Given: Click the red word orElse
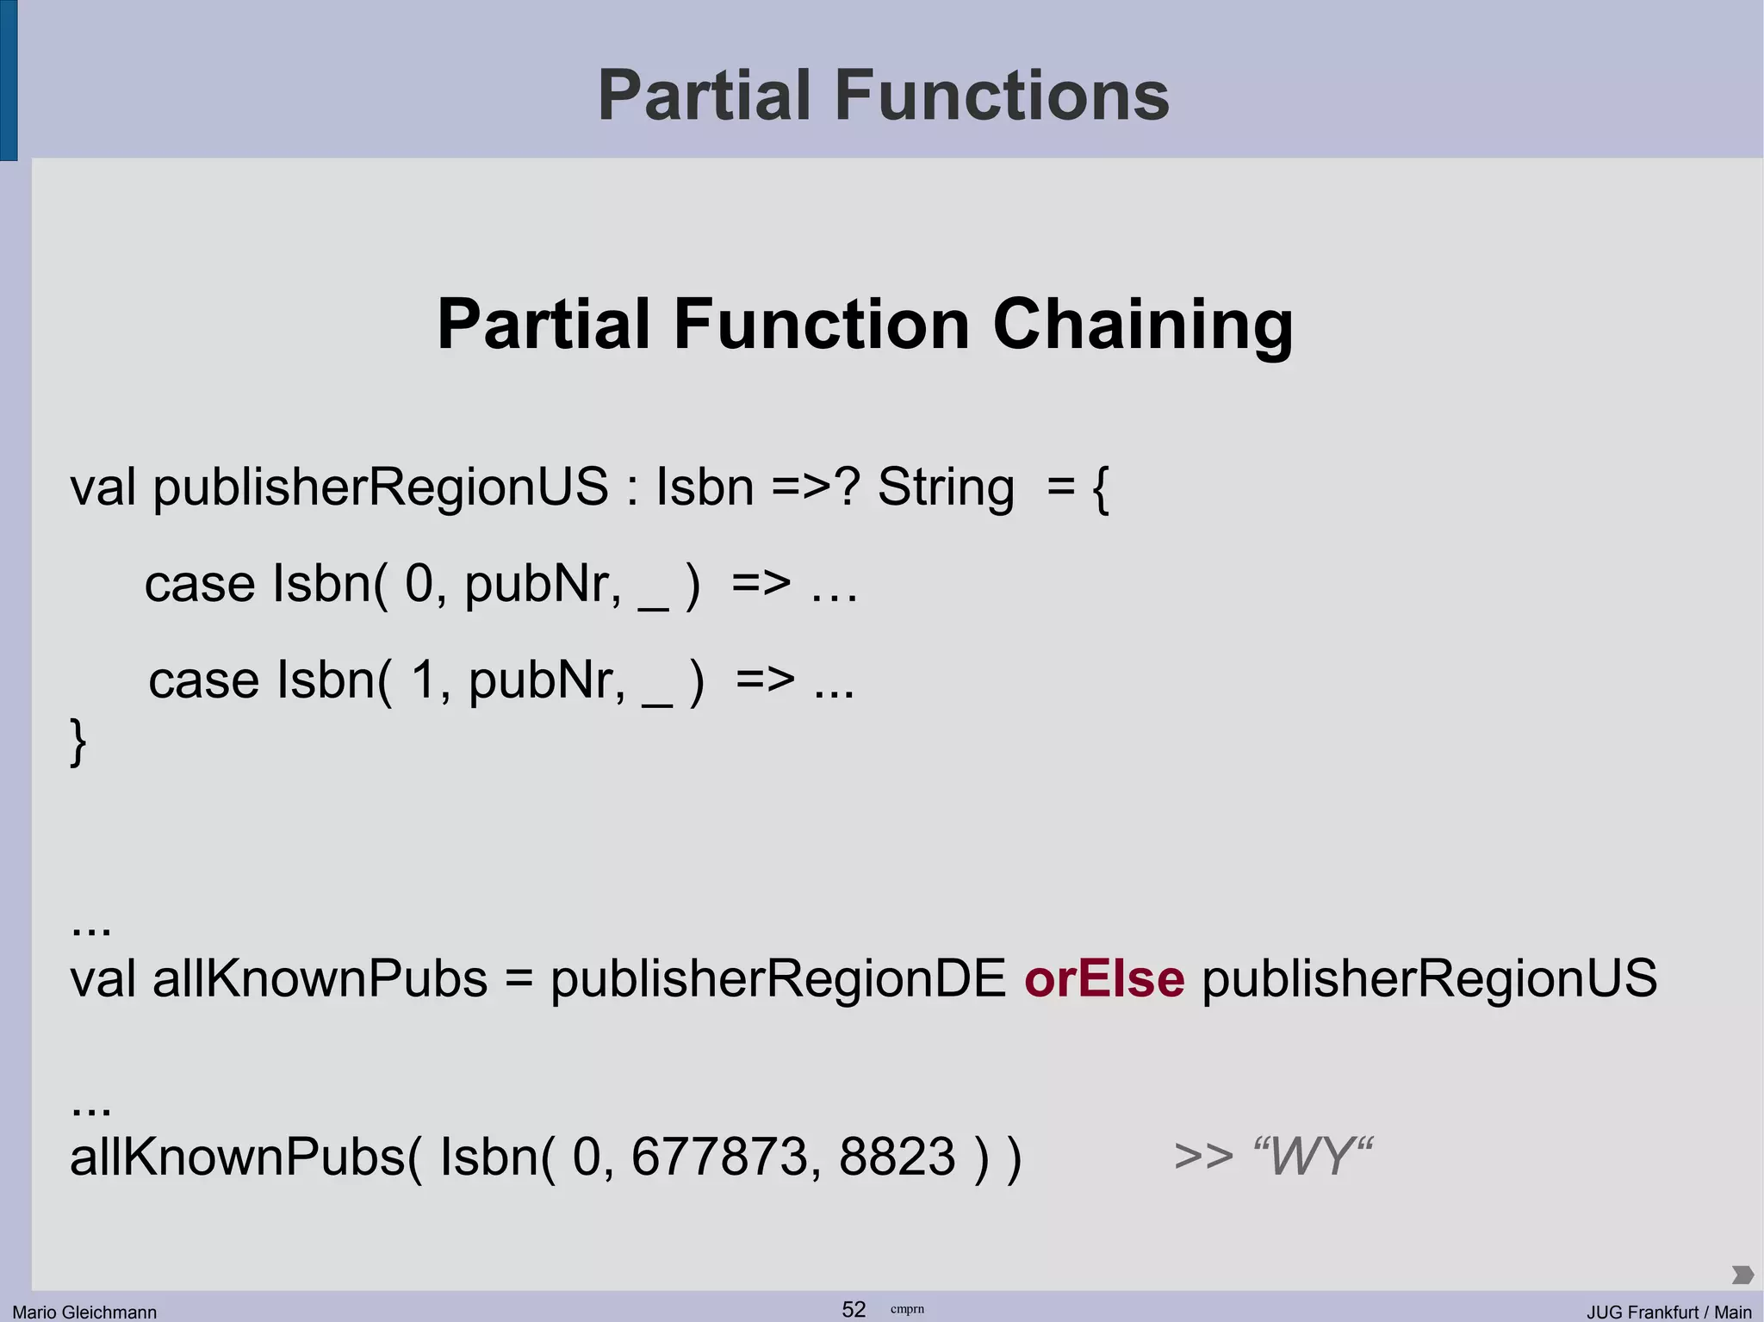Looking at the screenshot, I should click(x=1103, y=979).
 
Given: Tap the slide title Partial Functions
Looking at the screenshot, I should click(x=883, y=95).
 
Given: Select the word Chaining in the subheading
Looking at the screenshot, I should click(x=1142, y=326).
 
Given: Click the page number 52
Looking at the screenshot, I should click(x=854, y=1309).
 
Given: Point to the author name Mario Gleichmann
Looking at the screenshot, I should click(x=84, y=1312).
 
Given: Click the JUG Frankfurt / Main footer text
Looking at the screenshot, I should click(x=1668, y=1312).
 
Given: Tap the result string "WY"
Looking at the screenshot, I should click(x=1313, y=1156).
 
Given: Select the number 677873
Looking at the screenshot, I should click(x=720, y=1156).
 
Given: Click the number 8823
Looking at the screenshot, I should click(x=897, y=1156).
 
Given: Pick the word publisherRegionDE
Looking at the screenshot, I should click(x=778, y=979).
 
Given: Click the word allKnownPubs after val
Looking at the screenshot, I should click(x=320, y=979).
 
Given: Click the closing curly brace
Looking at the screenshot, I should click(x=78, y=742).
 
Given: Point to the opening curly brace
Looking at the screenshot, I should click(x=1100, y=488).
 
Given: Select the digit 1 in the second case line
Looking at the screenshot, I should click(x=424, y=680).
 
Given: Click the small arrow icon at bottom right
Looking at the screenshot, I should click(x=1742, y=1275).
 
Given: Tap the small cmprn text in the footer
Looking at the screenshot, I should click(x=907, y=1309).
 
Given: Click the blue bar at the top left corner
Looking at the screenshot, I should click(x=9, y=79).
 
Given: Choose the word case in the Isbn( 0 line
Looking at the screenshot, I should click(x=200, y=584).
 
